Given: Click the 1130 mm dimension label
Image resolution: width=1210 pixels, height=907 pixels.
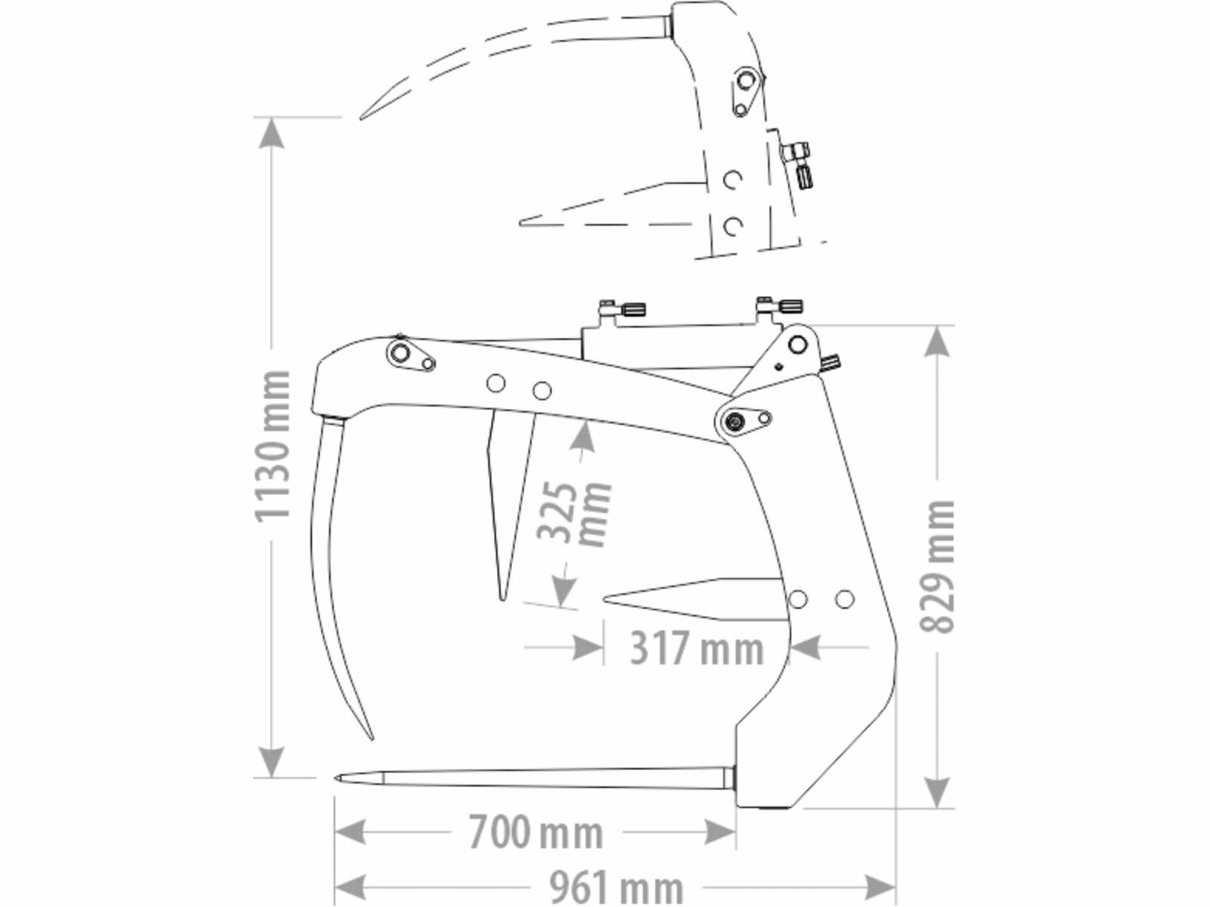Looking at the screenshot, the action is pyautogui.click(x=271, y=446).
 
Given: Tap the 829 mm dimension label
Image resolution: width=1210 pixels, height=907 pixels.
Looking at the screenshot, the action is pyautogui.click(x=937, y=567).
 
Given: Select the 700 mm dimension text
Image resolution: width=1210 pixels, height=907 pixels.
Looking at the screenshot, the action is pyautogui.click(x=536, y=832).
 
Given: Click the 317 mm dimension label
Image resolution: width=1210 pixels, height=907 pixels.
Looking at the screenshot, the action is pyautogui.click(x=697, y=648).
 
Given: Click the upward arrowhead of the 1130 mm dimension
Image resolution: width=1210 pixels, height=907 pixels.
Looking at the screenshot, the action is pyautogui.click(x=271, y=134).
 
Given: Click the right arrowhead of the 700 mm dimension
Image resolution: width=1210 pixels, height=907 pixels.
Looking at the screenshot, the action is pyautogui.click(x=719, y=831).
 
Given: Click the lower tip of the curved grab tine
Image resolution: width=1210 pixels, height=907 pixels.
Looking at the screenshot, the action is pyautogui.click(x=372, y=739).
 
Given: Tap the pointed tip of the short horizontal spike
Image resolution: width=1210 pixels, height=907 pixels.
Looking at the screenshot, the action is pyautogui.click(x=604, y=599).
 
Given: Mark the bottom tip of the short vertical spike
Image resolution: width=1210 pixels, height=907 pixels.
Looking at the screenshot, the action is pyautogui.click(x=501, y=599).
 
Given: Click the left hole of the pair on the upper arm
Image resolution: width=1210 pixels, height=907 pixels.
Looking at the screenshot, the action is pyautogui.click(x=496, y=383).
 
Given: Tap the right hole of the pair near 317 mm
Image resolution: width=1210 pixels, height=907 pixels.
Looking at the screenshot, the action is pyautogui.click(x=845, y=599).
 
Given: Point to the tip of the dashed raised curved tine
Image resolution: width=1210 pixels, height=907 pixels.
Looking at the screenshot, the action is pyautogui.click(x=361, y=118).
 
